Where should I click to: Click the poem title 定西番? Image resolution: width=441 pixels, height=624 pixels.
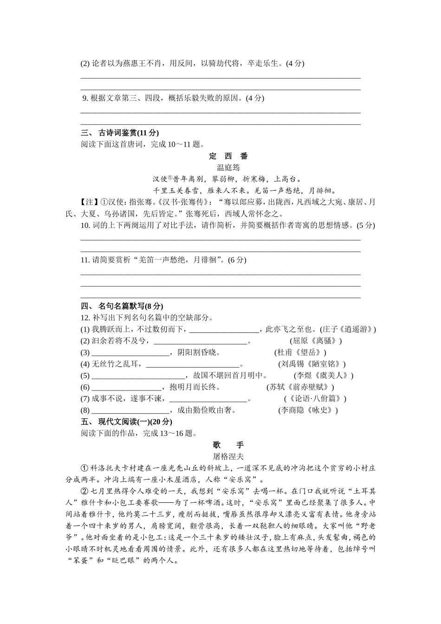click(228, 156)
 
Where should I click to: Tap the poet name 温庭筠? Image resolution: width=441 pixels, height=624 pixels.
click(228, 167)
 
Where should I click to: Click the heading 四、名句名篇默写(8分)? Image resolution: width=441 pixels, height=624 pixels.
click(122, 306)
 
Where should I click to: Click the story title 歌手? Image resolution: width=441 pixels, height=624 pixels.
click(228, 445)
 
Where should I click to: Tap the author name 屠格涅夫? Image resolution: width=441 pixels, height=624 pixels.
click(228, 456)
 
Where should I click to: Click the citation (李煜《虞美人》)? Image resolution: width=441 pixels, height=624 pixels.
click(324, 376)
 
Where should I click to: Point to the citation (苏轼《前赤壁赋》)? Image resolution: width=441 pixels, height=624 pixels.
click(300, 387)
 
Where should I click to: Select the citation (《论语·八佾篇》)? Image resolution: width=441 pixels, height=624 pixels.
click(315, 399)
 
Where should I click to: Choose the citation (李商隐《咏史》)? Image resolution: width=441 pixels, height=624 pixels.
click(308, 410)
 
